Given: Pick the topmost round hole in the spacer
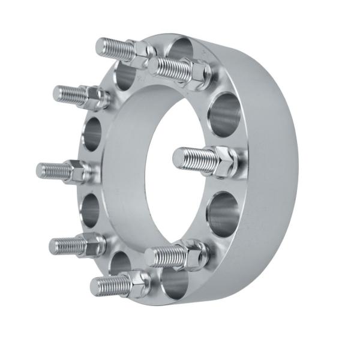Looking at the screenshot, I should (180, 49).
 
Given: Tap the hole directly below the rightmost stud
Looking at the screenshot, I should (223, 212).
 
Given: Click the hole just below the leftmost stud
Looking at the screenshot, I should (90, 210).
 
